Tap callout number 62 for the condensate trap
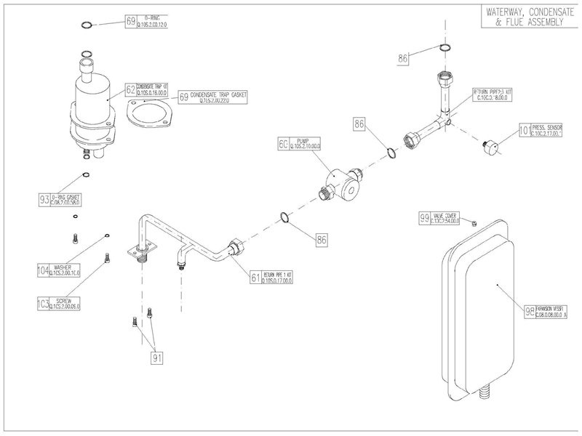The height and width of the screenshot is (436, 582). [x=131, y=89]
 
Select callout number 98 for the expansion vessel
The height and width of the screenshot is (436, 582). [x=530, y=312]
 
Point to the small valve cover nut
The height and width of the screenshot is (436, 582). [x=474, y=223]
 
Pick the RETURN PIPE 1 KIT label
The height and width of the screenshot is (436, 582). [x=276, y=277]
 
